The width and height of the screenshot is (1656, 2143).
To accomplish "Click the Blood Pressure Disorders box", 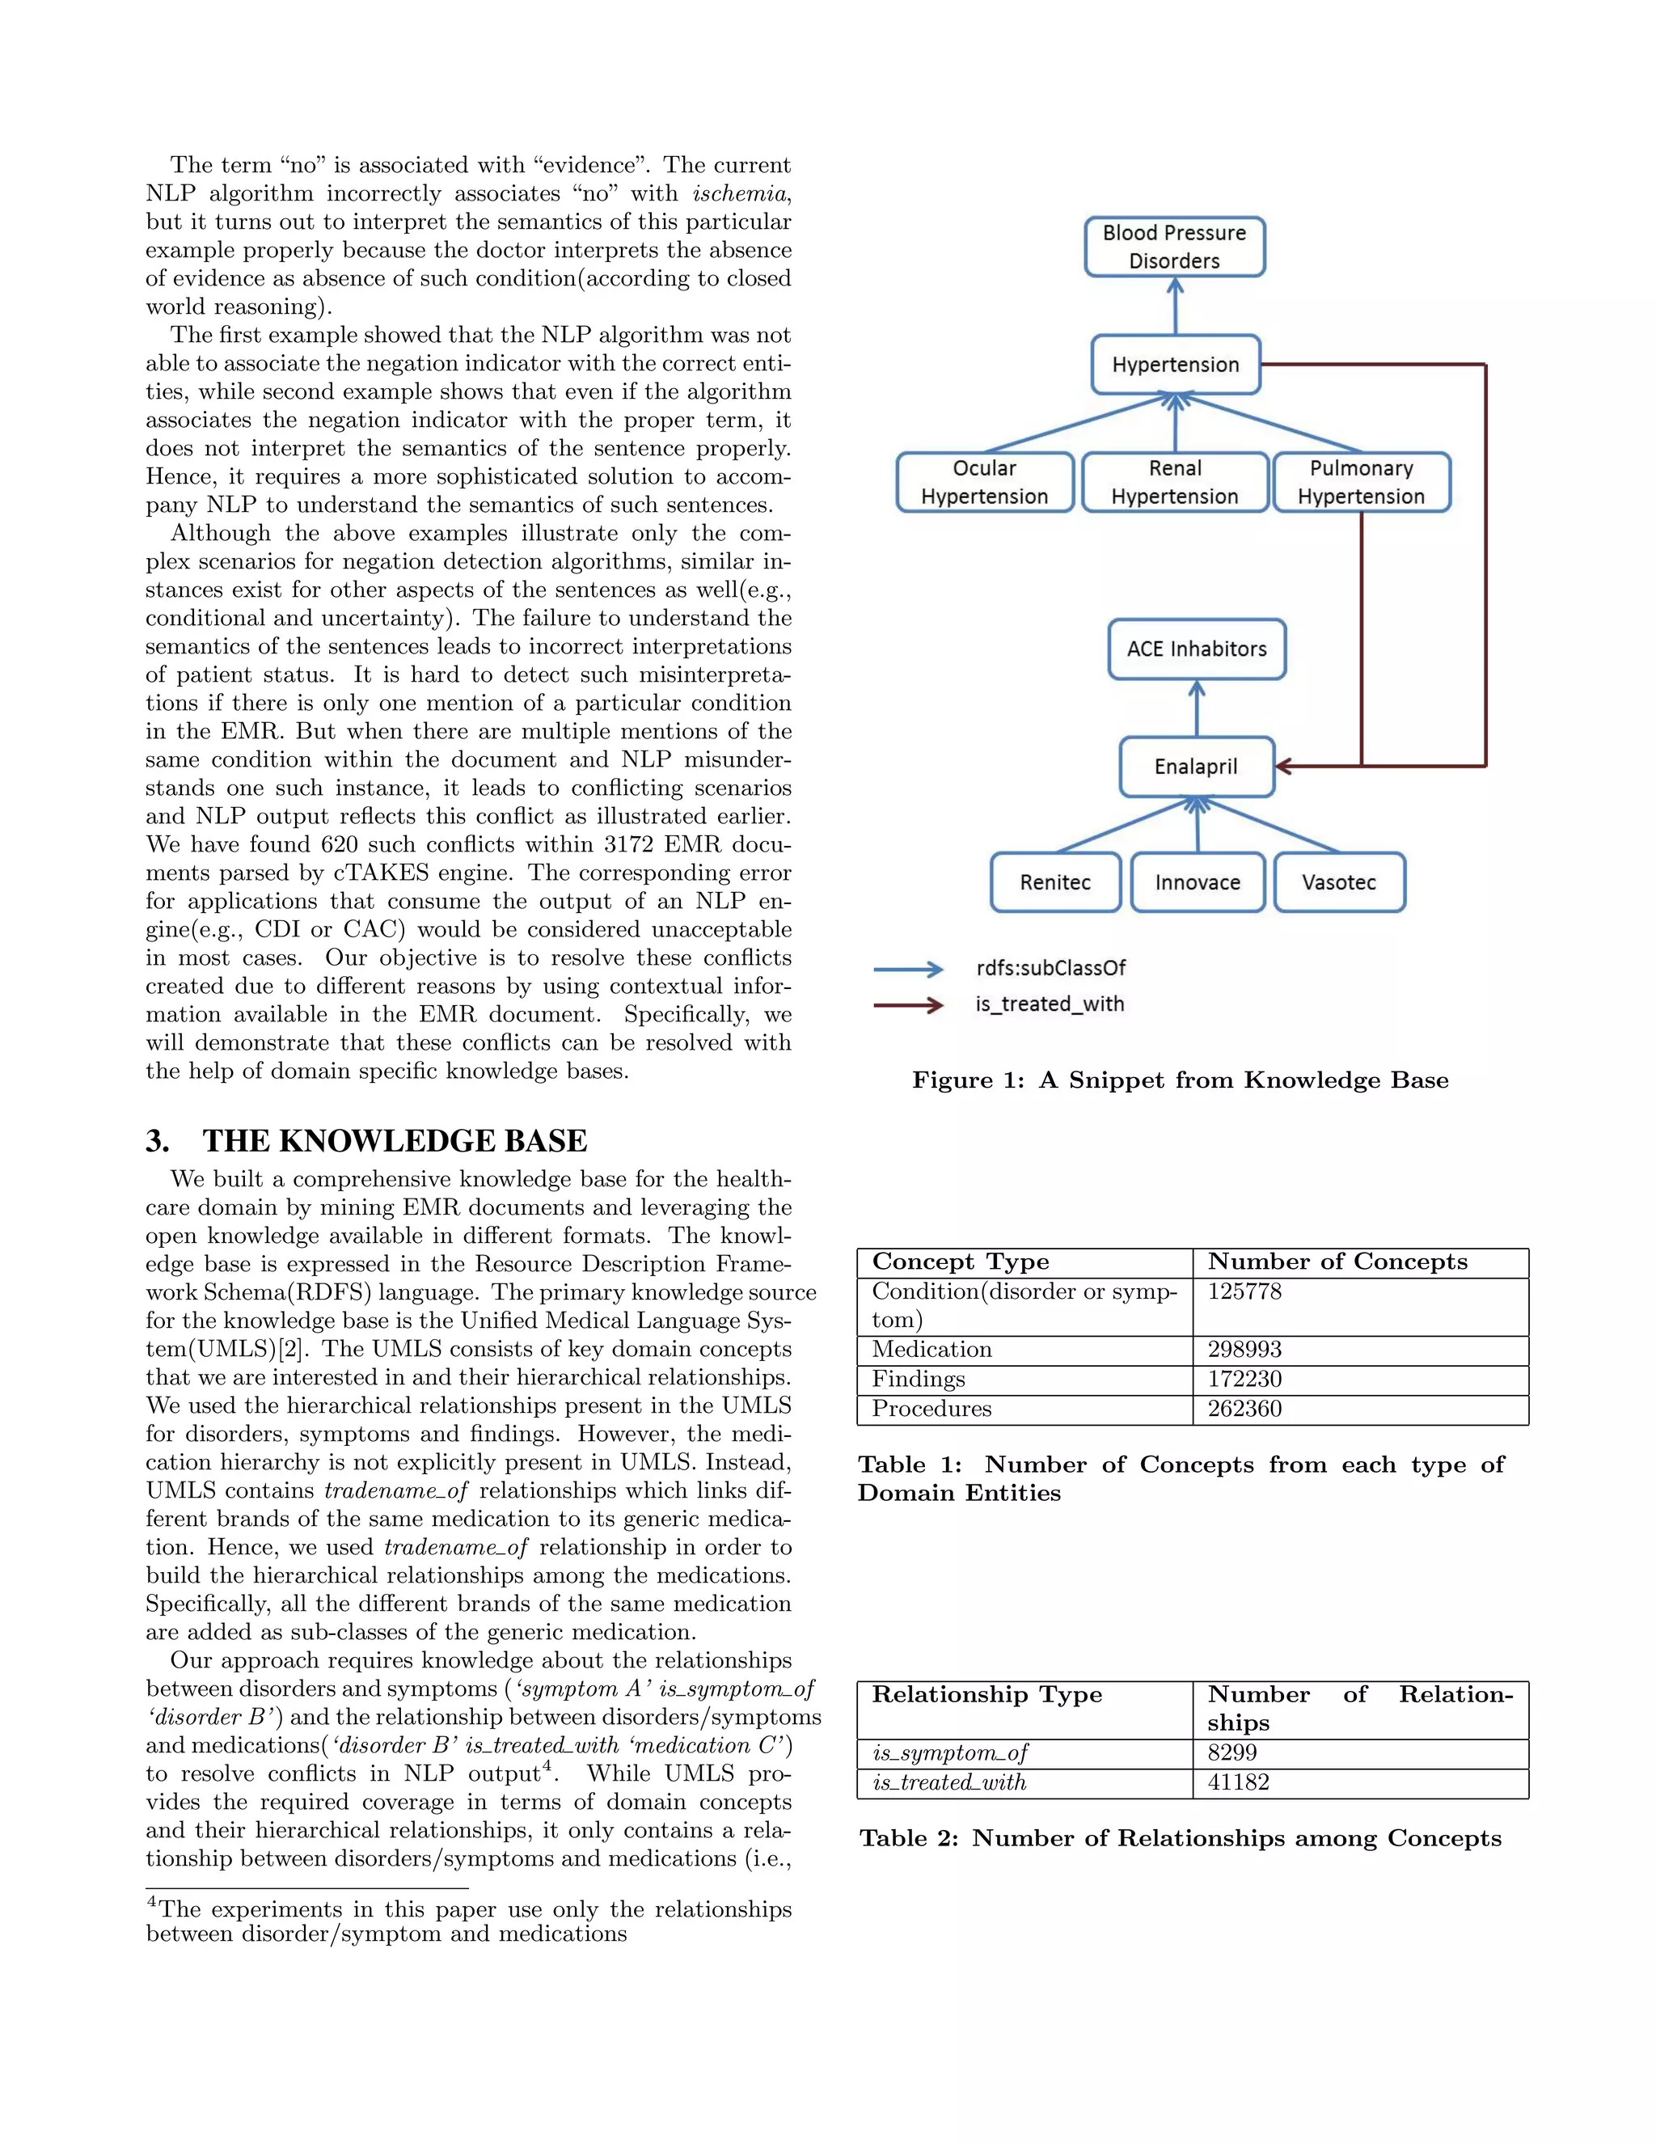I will (x=1174, y=247).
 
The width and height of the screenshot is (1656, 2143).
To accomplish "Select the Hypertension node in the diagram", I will (x=1175, y=365).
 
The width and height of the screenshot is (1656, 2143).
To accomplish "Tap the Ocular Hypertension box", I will (x=984, y=482).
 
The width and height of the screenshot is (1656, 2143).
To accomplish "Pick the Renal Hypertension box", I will (x=1174, y=482).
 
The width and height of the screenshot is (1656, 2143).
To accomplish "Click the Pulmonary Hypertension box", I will (x=1361, y=482).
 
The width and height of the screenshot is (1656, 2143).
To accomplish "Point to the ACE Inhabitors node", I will (x=1196, y=649).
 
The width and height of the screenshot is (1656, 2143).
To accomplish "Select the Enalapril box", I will (x=1196, y=767).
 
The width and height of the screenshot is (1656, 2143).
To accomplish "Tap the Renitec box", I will (x=1054, y=882).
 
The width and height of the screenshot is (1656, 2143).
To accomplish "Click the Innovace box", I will (x=1197, y=882).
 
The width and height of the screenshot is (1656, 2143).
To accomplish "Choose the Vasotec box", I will (x=1338, y=882).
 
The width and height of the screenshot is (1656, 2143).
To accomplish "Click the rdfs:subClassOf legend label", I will (x=1050, y=969).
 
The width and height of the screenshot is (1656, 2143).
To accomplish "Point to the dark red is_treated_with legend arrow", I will (x=907, y=1004).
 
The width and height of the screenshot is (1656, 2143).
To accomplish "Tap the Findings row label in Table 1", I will (x=919, y=1380).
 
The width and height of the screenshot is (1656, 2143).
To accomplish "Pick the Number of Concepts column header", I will (x=1337, y=1262).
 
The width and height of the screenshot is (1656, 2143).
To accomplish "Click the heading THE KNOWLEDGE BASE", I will (x=395, y=1141).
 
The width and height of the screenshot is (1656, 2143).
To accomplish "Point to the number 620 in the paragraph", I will (x=341, y=845).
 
